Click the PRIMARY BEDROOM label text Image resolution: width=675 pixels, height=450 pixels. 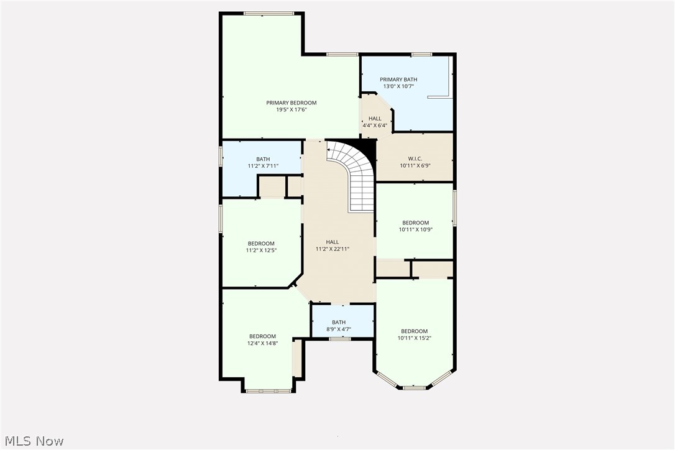pos(292,103)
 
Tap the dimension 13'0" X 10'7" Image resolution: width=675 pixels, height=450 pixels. pos(398,86)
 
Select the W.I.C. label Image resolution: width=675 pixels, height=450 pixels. pos(415,158)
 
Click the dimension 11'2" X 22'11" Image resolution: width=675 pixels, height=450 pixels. pos(333,249)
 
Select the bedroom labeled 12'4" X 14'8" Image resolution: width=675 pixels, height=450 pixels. pos(262,339)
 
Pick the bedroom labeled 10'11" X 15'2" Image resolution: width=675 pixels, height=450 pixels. pos(414,334)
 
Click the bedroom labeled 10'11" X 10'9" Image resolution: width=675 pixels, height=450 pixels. pos(415,226)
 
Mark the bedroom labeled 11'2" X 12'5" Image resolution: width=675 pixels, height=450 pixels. pos(261,247)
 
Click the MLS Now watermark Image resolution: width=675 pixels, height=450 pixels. pos(32,441)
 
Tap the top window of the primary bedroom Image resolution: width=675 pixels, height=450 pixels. pos(269,13)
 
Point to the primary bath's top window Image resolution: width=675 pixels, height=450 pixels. pos(421,55)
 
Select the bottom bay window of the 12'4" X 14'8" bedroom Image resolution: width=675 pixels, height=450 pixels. pos(269,391)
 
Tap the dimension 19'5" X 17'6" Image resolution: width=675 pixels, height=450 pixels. pos(292,110)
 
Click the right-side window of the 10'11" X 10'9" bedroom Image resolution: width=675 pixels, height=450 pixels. pos(454,208)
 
